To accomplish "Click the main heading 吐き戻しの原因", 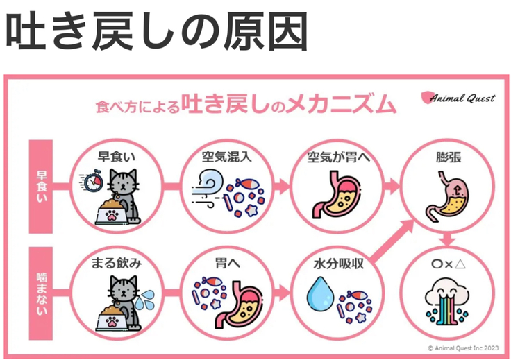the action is click(x=157, y=31).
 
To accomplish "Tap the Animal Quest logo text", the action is click(x=463, y=98).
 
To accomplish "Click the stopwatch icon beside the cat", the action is click(x=93, y=180).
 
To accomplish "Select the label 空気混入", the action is click(x=227, y=157).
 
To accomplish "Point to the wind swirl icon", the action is click(x=208, y=188).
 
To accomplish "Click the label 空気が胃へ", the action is click(x=338, y=157).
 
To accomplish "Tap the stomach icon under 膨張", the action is click(x=447, y=196).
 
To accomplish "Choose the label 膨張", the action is click(x=449, y=157).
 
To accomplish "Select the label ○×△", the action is click(x=449, y=264).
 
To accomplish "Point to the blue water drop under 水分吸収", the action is click(x=320, y=293).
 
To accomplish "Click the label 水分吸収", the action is click(x=338, y=264).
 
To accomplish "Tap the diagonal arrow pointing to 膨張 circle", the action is click(x=393, y=241).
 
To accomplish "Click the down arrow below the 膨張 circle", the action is click(x=447, y=239).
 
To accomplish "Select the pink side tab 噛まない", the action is click(x=41, y=293).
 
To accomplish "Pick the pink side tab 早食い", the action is click(x=41, y=187).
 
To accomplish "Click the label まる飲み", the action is click(x=116, y=264).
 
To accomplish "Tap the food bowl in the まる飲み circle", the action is click(x=112, y=318).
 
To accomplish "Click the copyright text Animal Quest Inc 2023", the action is click(x=463, y=348).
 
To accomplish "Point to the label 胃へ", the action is click(x=227, y=264).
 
